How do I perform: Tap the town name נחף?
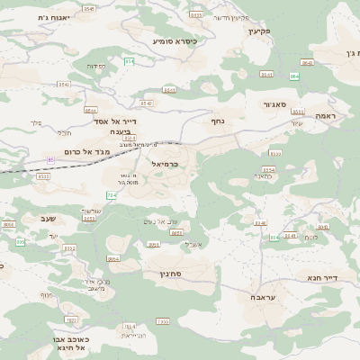(216, 120)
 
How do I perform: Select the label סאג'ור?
(274, 104)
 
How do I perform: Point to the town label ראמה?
(325, 116)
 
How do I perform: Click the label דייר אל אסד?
(113, 121)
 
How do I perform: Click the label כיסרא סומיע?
(175, 40)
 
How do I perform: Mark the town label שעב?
(30, 218)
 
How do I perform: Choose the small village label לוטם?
(310, 238)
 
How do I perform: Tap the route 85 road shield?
(50, 160)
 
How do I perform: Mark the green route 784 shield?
(112, 195)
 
